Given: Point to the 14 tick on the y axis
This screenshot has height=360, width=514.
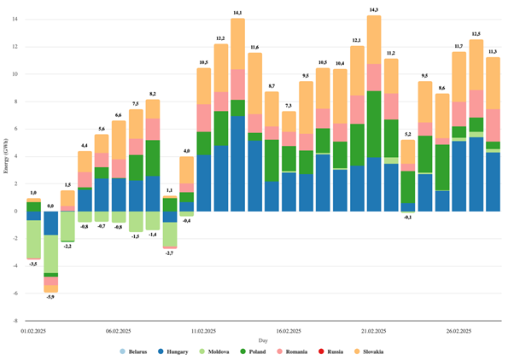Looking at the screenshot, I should click(15, 19).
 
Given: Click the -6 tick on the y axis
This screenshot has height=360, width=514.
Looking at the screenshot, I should click(15, 293).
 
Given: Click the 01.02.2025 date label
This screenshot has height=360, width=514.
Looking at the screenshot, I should click(33, 328).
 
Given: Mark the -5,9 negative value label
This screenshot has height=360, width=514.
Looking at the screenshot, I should click(50, 297).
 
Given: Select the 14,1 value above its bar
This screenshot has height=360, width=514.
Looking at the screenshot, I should click(237, 12).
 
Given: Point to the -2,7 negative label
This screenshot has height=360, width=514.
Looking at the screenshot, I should click(169, 253).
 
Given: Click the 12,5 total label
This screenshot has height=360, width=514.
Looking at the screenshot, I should click(476, 33).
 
